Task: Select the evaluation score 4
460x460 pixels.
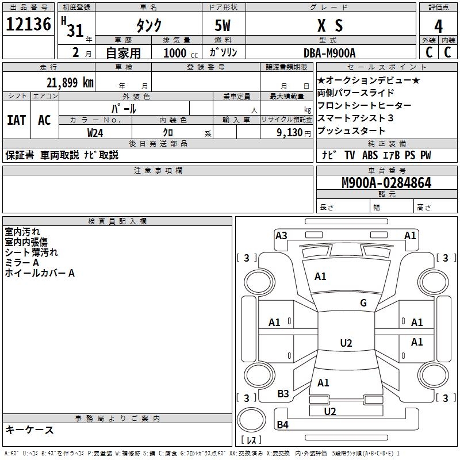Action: coord(438,26)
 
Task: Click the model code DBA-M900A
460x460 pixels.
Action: coord(329,53)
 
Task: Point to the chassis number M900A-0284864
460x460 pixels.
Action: coord(386,183)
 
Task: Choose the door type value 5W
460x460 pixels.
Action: coord(224,26)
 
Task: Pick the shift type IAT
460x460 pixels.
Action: coord(16,120)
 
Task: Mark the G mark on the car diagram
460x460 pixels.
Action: coord(363,303)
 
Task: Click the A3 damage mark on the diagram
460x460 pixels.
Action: coord(281,235)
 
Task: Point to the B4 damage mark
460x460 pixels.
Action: coord(282,425)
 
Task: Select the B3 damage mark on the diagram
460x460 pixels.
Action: coord(283,394)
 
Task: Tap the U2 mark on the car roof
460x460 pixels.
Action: coord(346,343)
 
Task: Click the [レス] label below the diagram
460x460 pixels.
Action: coord(254,440)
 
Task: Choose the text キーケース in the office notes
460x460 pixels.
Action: coord(29,430)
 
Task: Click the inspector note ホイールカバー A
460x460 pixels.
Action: coord(40,273)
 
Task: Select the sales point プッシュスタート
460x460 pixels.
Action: coord(351,131)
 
